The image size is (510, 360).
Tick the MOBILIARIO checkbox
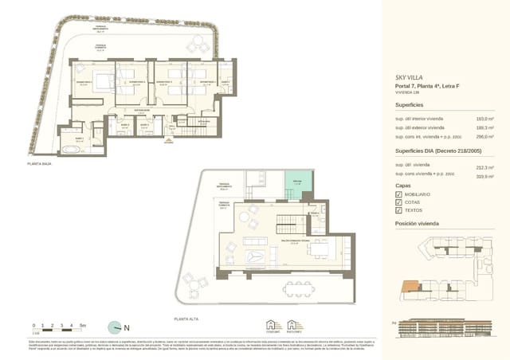point(398,194)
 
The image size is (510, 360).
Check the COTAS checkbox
point(398,203)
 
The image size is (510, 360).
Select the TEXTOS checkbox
point(398,212)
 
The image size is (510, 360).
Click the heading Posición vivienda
point(418,225)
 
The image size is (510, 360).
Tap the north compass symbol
point(116,327)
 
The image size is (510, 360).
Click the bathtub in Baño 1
point(69,148)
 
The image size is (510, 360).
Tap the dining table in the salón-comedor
point(319,250)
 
